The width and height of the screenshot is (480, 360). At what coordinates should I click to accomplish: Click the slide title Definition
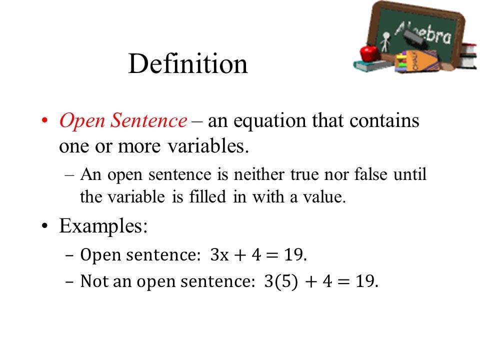click(188, 64)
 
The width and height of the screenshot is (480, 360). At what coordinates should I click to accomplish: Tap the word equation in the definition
click(270, 121)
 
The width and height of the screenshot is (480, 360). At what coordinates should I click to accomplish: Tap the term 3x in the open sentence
click(220, 255)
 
